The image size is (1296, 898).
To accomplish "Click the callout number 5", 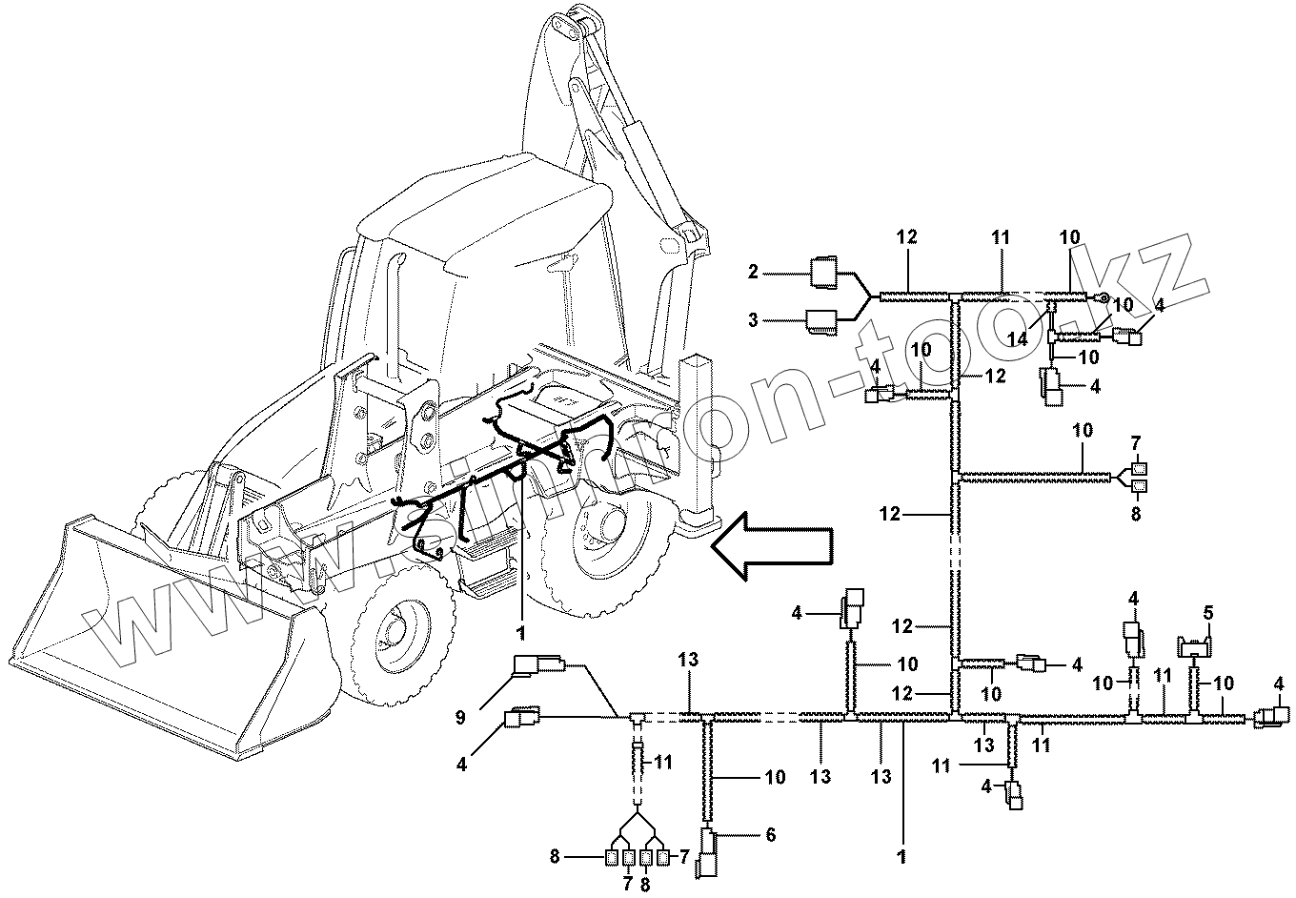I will click(1207, 614).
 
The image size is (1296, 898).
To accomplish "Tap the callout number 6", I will click(769, 835).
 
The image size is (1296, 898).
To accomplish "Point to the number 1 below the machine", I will click(520, 630).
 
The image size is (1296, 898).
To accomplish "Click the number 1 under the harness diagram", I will click(901, 856).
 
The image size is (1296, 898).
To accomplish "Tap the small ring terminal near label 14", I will click(1104, 299).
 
